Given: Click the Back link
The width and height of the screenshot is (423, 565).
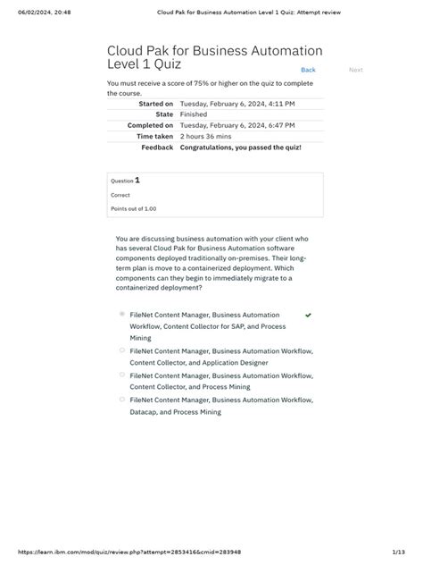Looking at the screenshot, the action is (308, 70).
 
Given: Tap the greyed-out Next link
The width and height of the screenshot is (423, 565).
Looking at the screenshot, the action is (355, 70).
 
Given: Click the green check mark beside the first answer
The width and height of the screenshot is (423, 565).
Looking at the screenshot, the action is (308, 316).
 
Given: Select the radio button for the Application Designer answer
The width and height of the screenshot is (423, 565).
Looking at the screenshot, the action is (121, 351).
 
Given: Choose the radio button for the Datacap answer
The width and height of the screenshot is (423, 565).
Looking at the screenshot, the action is (121, 401).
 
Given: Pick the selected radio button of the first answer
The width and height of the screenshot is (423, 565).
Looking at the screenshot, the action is (121, 315).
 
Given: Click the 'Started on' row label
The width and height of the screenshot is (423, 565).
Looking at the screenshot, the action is (155, 104).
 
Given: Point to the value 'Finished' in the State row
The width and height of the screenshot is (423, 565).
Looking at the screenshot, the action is (193, 114).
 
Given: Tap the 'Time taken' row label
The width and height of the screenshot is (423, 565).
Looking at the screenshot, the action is (153, 136).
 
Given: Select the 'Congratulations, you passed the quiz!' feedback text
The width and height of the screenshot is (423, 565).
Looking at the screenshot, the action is (240, 147).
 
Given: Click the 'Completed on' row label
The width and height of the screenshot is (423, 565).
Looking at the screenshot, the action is (149, 125).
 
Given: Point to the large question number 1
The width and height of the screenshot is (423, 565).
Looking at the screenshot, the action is (137, 180).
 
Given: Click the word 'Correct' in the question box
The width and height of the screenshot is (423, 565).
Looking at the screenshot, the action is (120, 195).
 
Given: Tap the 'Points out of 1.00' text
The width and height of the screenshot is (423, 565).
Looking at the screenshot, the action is (133, 208).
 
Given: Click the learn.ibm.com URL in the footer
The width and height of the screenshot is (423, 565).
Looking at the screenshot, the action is (123, 552).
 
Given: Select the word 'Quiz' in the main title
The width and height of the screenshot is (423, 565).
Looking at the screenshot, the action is (165, 64).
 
